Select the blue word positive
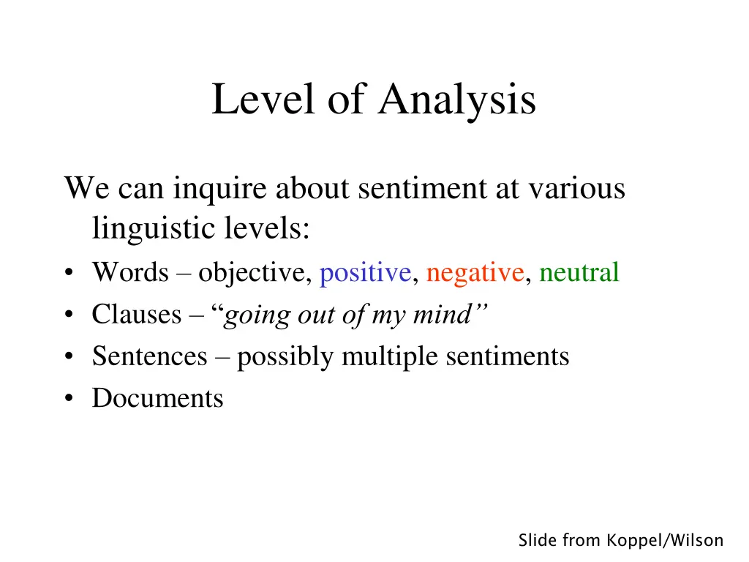point(365,273)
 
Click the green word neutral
point(579,273)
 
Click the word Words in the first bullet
point(130,273)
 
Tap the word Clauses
point(137,315)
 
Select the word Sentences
point(150,356)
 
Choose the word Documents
point(157,399)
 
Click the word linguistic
point(151,230)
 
